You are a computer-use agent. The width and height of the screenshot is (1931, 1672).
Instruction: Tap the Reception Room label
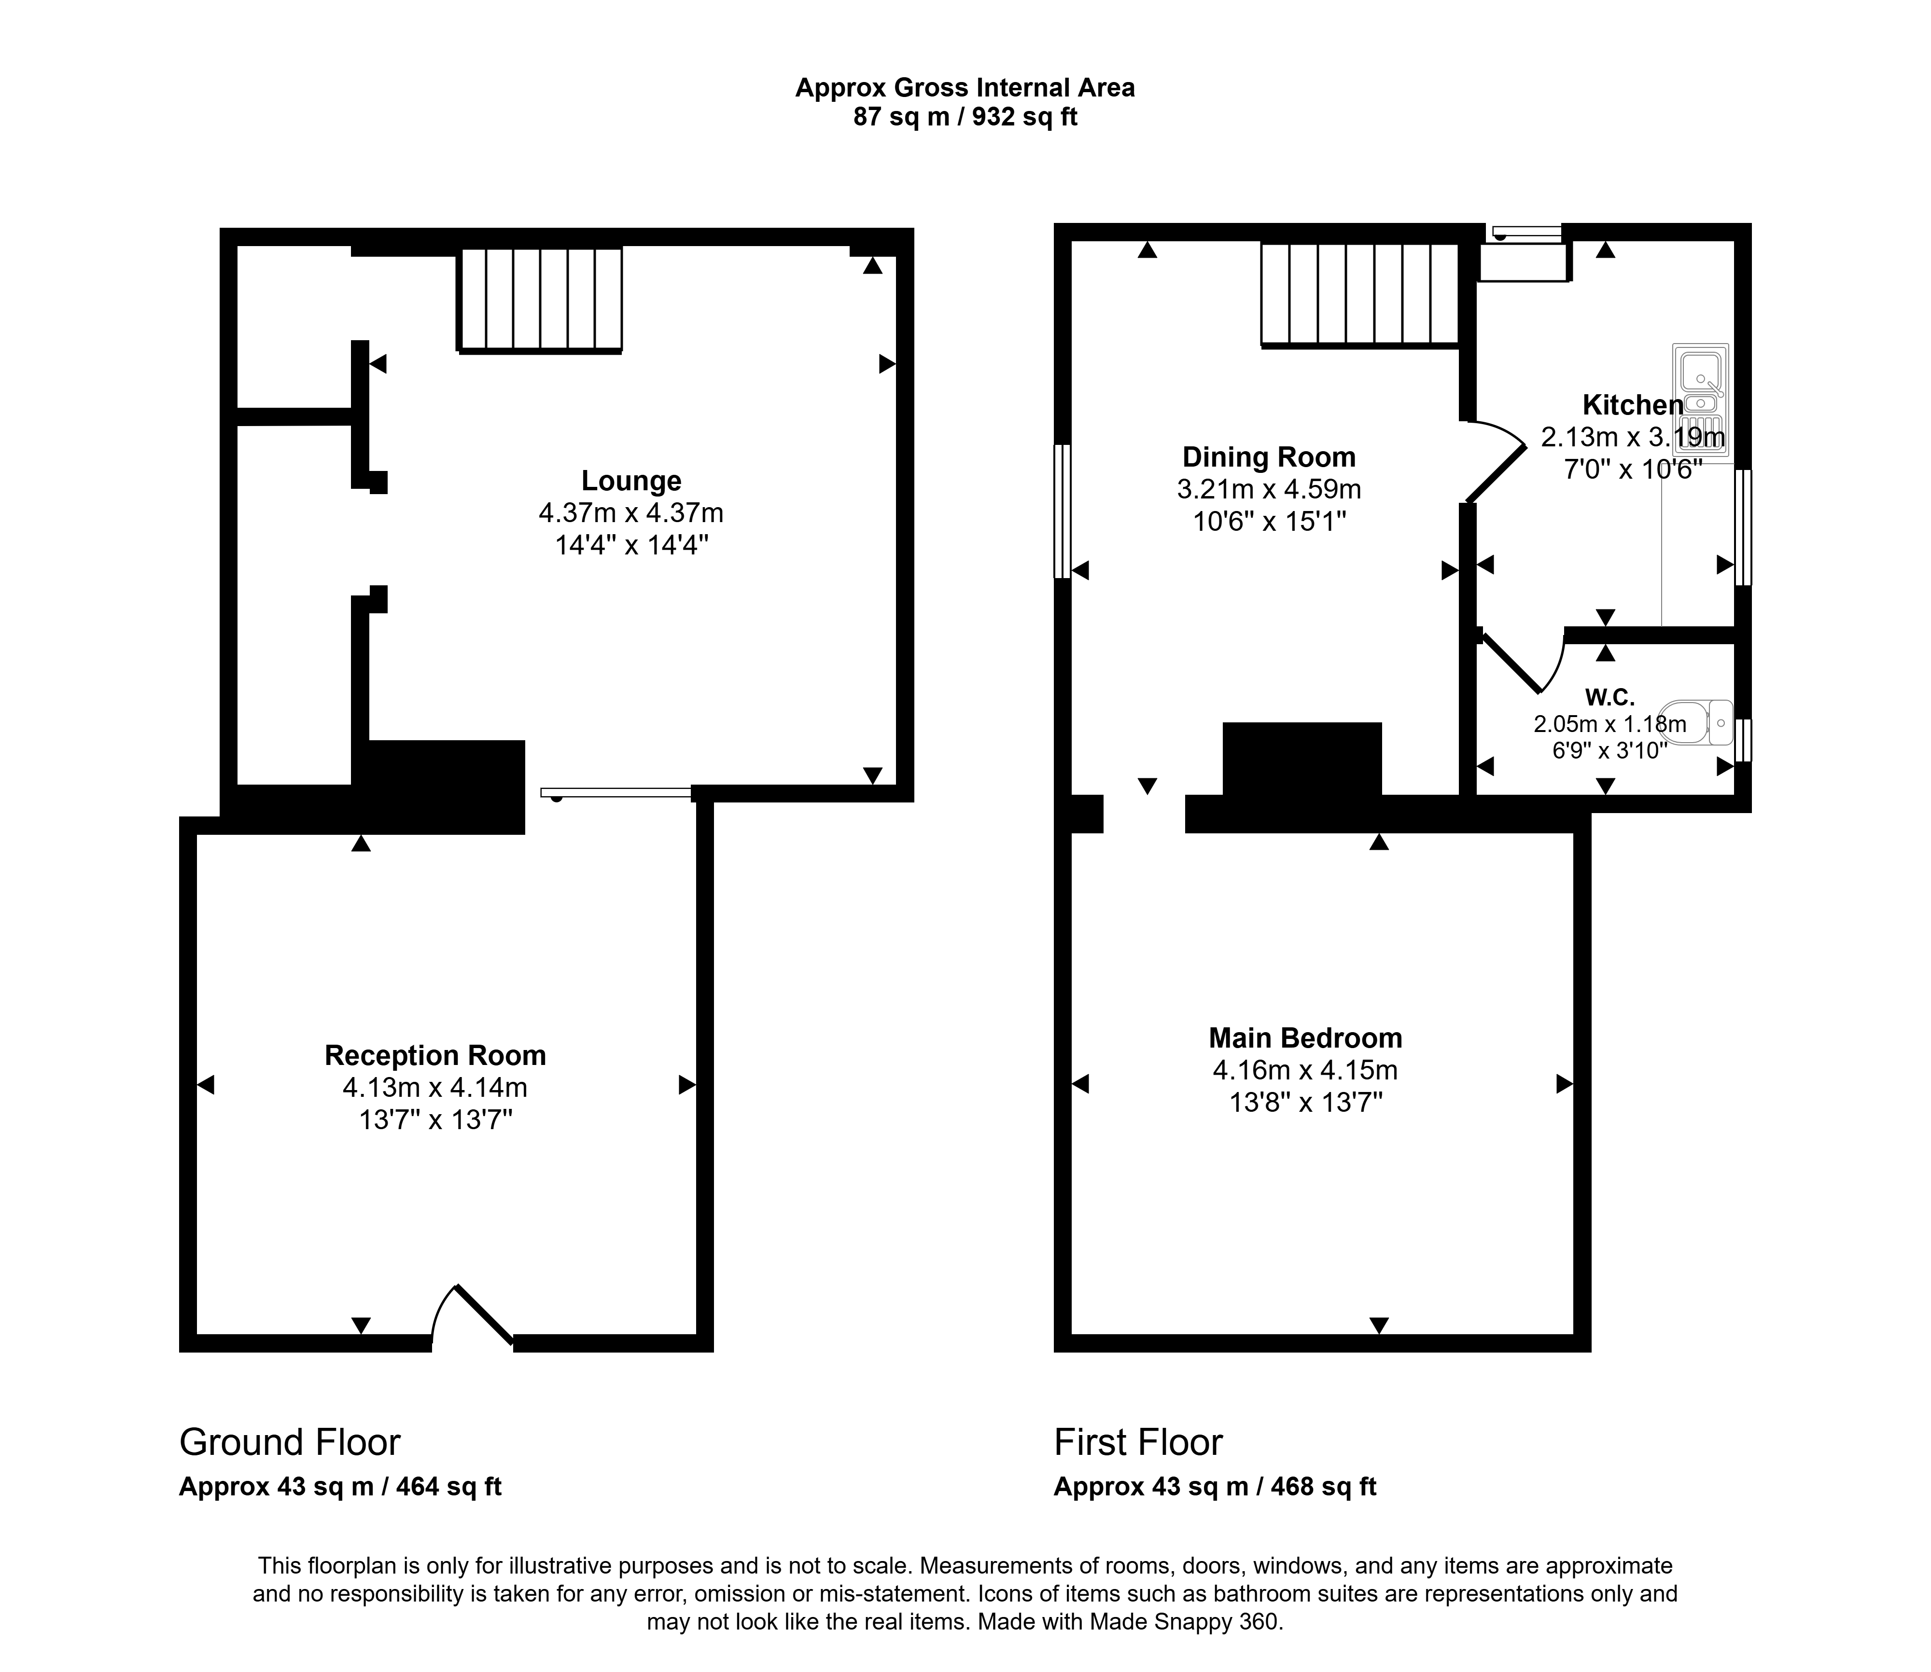pos(435,1055)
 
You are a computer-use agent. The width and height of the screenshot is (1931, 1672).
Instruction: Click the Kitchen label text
pos(1632,405)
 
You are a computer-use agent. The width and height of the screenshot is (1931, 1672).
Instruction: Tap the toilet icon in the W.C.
pos(1697,722)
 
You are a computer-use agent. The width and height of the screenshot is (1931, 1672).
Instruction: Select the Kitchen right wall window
pos(1742,527)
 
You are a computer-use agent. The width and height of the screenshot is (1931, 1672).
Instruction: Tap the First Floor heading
pos(1138,1441)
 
